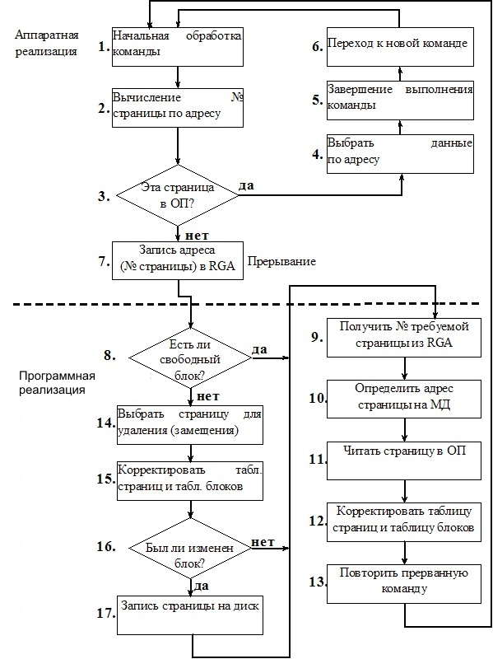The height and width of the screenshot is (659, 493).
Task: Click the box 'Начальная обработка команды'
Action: (178, 47)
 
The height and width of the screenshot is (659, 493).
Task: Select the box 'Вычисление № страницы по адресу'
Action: (178, 108)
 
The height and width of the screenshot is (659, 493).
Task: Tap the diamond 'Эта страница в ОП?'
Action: (178, 195)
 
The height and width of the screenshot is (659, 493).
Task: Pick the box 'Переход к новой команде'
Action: (400, 47)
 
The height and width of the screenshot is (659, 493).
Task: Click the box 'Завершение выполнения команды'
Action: (400, 100)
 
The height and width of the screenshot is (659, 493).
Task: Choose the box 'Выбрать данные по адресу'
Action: (400, 154)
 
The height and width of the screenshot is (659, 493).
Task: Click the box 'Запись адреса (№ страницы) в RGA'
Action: (178, 260)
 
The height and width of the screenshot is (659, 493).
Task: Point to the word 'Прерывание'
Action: (281, 261)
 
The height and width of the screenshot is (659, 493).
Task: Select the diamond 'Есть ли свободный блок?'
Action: (190, 358)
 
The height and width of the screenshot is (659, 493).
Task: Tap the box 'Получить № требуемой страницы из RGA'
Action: (404, 339)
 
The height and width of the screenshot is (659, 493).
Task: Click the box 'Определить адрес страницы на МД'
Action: (404, 399)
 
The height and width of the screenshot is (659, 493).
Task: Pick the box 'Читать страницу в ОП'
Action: (404, 460)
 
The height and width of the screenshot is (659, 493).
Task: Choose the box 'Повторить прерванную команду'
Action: (404, 584)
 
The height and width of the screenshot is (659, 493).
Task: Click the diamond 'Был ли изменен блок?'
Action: (190, 548)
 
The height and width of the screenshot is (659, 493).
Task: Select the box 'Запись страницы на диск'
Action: (190, 615)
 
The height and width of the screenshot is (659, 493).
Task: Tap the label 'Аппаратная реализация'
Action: (47, 43)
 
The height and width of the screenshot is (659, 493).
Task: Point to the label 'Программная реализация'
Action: (57, 382)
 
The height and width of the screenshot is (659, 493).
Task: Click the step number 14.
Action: (106, 423)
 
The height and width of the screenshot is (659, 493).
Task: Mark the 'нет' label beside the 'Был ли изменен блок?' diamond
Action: (263, 542)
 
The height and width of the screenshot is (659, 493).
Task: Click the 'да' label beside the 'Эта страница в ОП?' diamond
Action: (247, 185)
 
